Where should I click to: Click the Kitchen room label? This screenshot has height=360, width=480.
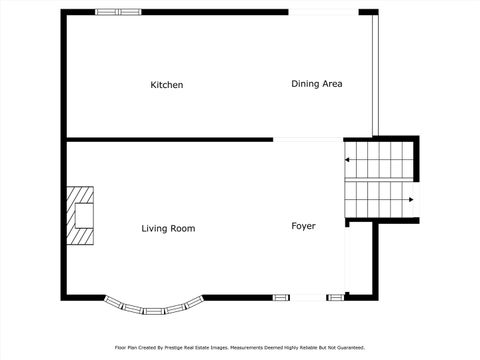tap(166, 85)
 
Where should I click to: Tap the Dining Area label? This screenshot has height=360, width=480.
tap(316, 84)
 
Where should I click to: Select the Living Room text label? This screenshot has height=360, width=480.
tap(168, 229)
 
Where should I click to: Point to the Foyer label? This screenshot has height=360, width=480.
tap(303, 226)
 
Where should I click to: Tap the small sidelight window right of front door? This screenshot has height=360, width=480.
tap(336, 297)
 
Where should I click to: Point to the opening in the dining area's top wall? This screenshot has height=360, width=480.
tap(323, 12)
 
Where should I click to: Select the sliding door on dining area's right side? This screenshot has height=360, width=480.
tap(375, 75)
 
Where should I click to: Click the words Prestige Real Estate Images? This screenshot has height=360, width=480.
tap(196, 348)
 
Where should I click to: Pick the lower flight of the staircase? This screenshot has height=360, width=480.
tap(378, 199)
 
